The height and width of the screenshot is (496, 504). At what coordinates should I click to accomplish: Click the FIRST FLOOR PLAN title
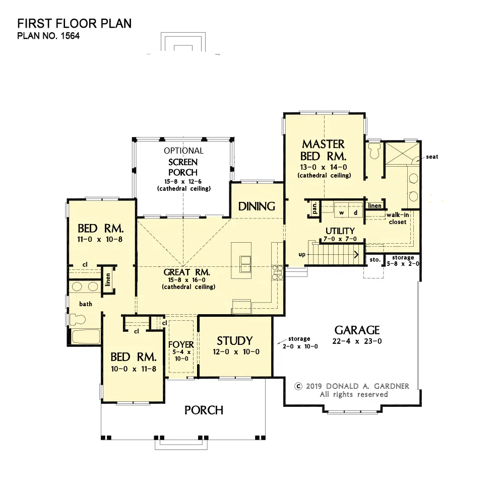point(74,24)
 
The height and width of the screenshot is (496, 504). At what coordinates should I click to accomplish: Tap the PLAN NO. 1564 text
point(48,36)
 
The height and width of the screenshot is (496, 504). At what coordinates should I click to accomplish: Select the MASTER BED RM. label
point(324,150)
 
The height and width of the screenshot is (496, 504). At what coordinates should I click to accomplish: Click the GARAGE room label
point(357,330)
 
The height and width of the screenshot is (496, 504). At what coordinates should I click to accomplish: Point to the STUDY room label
point(235,340)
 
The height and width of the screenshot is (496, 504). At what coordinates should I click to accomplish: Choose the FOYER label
point(181,344)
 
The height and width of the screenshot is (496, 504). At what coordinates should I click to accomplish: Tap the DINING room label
point(257,206)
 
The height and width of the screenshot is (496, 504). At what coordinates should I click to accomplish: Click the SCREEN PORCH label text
point(183,167)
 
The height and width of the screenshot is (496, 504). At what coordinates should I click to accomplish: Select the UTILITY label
point(340,231)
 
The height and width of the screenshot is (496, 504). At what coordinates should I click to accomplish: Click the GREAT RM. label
point(187,272)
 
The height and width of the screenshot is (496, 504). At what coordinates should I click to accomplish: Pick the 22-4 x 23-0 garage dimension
point(357,341)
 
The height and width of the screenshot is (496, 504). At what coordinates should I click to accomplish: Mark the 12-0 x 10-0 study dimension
point(236,352)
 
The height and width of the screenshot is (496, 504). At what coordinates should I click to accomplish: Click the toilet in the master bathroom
point(375,151)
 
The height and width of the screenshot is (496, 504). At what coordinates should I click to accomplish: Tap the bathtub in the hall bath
point(86,337)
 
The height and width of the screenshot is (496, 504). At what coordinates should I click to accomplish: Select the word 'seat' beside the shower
point(432,157)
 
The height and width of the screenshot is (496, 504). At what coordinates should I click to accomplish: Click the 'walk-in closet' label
point(398,219)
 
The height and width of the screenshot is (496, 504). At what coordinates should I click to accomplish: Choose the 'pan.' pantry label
point(314,208)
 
